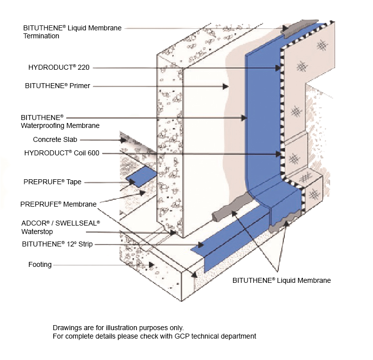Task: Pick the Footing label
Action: pyautogui.click(x=40, y=264)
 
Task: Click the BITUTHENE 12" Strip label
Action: pyautogui.click(x=57, y=244)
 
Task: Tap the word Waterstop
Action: pyautogui.click(x=37, y=231)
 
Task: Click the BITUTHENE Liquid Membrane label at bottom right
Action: pyautogui.click(x=281, y=280)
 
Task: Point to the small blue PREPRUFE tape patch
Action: pyautogui.click(x=141, y=178)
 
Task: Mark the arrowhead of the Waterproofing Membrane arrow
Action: pyautogui.click(x=244, y=118)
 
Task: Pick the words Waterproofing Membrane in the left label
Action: pyautogui.click(x=60, y=125)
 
